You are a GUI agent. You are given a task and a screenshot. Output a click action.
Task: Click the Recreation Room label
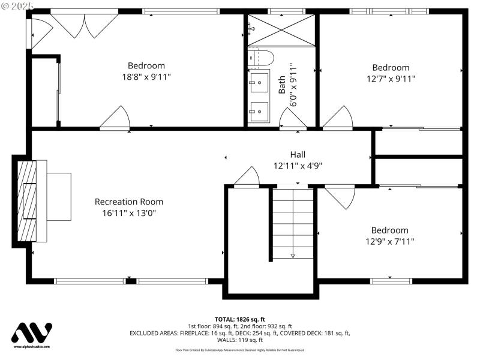[129, 202]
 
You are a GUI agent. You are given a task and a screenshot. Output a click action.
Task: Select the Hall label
[298, 154]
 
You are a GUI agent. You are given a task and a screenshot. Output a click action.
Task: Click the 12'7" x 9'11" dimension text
[391, 79]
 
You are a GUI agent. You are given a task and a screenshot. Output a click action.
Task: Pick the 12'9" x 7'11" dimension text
[389, 241]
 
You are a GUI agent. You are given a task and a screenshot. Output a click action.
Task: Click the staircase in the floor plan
[293, 223]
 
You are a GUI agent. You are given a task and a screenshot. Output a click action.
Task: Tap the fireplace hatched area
[27, 200]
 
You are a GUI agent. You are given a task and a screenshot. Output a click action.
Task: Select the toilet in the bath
[261, 58]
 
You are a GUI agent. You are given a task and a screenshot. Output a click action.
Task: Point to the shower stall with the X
[281, 30]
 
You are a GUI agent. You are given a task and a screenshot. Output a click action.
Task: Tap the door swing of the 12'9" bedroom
[340, 197]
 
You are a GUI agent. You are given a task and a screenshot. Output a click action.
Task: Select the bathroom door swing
[293, 118]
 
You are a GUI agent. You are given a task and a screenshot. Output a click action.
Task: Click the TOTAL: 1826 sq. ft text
[239, 319]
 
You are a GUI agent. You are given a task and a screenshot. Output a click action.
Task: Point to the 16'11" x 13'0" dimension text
[129, 212]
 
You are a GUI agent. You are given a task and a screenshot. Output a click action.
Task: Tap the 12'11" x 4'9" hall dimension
[298, 165]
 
